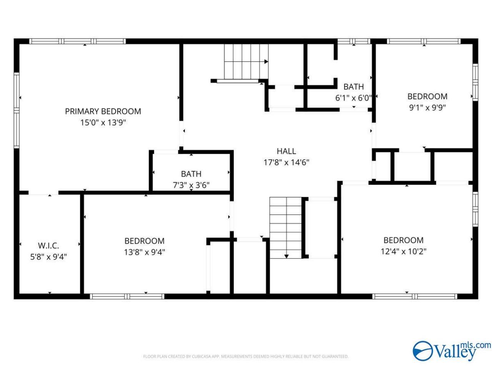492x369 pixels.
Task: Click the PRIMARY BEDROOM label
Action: tap(103, 111)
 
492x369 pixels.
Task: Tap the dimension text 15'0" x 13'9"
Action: tap(103, 123)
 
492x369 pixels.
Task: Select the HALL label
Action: tap(286, 151)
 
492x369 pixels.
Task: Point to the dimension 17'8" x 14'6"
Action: tap(286, 162)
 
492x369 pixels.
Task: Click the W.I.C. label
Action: tap(48, 246)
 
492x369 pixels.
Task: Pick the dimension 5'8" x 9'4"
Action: tap(48, 257)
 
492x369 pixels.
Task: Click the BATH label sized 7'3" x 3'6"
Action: tap(191, 174)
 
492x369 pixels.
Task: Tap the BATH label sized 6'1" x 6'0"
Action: tap(354, 86)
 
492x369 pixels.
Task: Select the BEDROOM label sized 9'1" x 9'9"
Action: tap(427, 96)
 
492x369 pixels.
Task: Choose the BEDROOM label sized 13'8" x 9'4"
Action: tap(145, 241)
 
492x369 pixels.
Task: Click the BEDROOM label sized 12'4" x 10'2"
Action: tap(404, 240)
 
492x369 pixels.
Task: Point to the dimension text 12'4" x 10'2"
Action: tap(404, 251)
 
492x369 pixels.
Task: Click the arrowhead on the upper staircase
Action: tap(266, 61)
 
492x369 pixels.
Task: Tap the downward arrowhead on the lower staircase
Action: tap(286, 256)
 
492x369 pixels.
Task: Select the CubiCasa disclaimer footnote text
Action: tap(246, 356)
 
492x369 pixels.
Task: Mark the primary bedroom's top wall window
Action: tap(77, 41)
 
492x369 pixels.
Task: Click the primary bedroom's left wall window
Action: tap(17, 110)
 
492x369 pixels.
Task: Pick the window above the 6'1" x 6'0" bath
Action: tap(354, 41)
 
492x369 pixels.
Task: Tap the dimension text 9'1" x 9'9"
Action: tap(427, 108)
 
